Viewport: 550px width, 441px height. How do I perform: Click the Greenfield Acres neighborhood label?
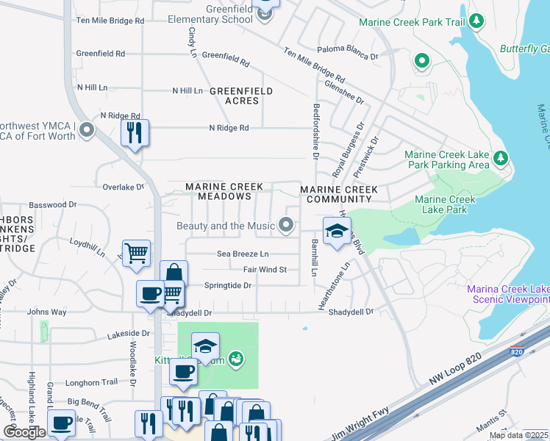241,96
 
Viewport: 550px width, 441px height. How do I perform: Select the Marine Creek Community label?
339,195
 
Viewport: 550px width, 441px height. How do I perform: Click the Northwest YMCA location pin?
87,132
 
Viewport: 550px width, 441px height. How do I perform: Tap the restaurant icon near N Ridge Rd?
135,133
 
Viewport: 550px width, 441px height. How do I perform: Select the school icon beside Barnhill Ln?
336,231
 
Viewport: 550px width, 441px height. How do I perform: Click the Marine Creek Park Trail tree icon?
476,21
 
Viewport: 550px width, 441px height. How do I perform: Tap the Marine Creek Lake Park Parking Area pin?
501,157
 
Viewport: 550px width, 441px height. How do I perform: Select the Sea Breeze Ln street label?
243,254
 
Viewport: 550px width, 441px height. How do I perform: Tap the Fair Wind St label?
265,270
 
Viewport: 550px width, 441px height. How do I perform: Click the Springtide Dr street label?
228,285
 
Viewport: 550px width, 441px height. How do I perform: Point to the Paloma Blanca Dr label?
347,56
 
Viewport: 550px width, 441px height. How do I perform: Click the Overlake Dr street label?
124,187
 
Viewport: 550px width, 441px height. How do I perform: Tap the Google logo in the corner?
24,431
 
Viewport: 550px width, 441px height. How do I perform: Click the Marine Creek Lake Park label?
446,204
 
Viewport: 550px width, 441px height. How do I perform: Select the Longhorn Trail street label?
91,382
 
